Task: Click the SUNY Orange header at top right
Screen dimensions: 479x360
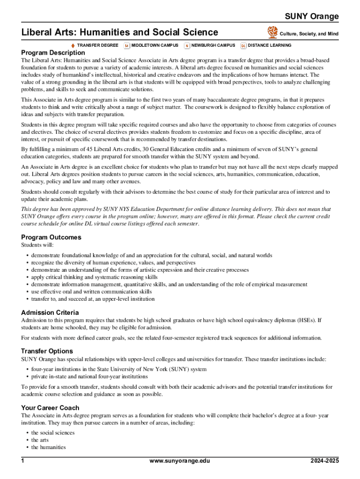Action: click(x=312, y=17)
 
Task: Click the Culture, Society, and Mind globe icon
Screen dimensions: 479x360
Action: click(x=272, y=32)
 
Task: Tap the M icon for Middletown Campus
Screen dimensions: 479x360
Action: click(x=127, y=45)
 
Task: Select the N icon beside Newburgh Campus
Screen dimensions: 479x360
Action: click(x=187, y=45)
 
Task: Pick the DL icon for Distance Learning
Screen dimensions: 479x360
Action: click(x=243, y=45)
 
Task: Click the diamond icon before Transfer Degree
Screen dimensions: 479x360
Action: click(x=72, y=45)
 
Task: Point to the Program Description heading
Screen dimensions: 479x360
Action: click(x=53, y=52)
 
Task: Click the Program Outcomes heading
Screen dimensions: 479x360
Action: click(x=51, y=237)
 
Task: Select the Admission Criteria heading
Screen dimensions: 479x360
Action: click(x=50, y=312)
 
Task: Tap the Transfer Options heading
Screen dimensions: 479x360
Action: click(x=47, y=351)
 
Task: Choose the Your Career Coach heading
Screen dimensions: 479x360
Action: click(x=50, y=408)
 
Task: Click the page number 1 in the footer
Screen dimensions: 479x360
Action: click(x=22, y=461)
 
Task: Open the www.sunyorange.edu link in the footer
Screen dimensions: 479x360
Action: click(x=180, y=461)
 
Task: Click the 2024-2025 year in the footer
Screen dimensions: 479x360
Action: click(x=324, y=461)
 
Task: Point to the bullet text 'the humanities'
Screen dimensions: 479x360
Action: click(x=49, y=447)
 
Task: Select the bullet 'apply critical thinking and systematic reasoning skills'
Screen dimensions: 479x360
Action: click(x=94, y=277)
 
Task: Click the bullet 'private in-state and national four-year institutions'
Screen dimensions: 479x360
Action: click(x=89, y=376)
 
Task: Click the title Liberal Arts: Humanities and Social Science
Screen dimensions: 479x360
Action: click(x=120, y=32)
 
